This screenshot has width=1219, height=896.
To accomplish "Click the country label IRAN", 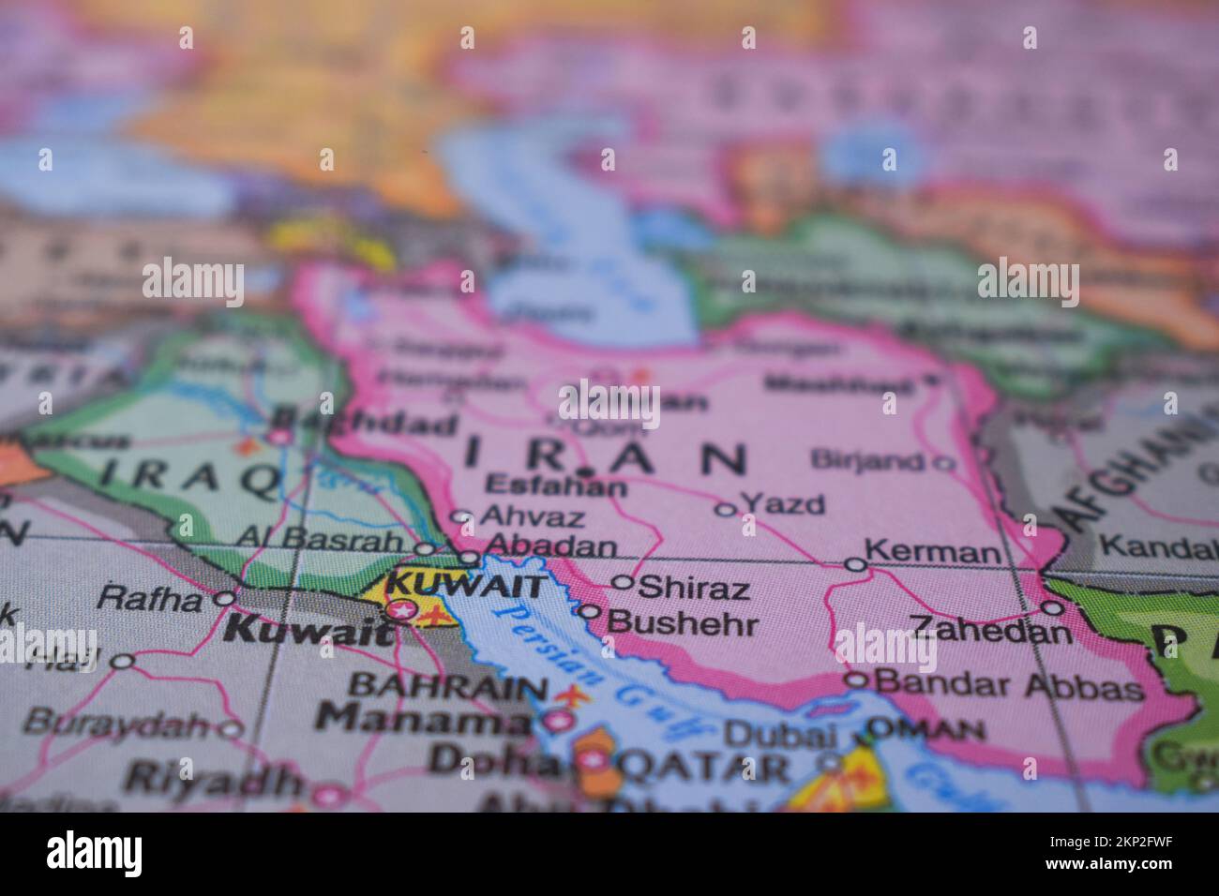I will click(x=606, y=458).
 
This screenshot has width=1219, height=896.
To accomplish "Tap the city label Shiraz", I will click(x=694, y=588).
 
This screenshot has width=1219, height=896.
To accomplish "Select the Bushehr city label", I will click(x=682, y=621).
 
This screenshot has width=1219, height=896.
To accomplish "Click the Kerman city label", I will click(x=932, y=552).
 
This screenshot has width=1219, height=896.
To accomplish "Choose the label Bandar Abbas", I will click(x=1008, y=686).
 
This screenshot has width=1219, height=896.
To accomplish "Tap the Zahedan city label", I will click(x=990, y=629).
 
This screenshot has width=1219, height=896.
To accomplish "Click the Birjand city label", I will click(x=866, y=460).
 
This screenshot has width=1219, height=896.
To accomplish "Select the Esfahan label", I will click(x=556, y=486).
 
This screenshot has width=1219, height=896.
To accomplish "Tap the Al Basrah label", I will click(x=319, y=539).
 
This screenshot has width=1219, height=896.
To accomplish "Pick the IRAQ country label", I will click(x=192, y=475).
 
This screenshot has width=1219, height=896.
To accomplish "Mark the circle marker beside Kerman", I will click(x=854, y=564).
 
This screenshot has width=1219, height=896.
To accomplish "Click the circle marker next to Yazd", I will click(x=725, y=510).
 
